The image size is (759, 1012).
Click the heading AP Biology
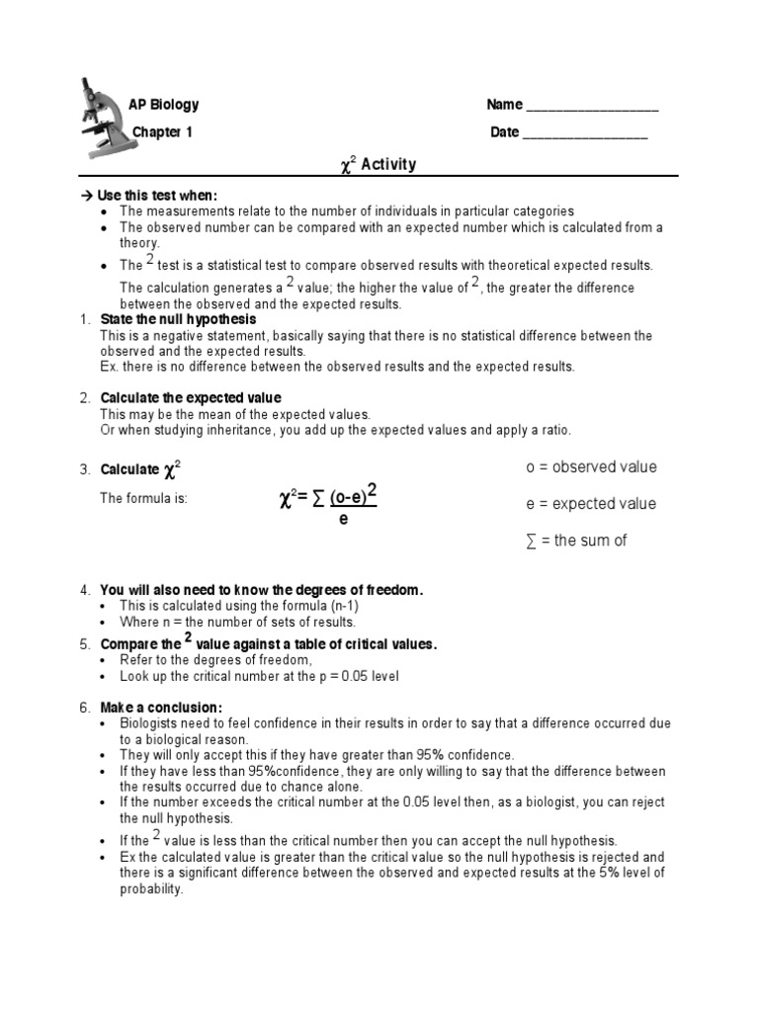[x=163, y=105]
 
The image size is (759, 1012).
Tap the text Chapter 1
[x=163, y=132]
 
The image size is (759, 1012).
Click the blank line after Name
[x=592, y=108]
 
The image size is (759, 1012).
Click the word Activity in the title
[x=388, y=164]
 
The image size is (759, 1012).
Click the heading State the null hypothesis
[x=178, y=320]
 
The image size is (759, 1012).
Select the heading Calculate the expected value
[x=191, y=398]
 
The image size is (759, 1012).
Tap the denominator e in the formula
[x=343, y=518]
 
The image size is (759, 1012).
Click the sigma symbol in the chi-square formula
[x=317, y=501]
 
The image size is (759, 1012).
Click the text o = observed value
[x=590, y=467]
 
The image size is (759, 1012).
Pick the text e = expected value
[x=590, y=504]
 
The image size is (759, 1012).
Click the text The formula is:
[x=143, y=498]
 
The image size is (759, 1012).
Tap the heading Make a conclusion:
[x=161, y=708]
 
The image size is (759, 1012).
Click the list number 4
[x=85, y=590]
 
